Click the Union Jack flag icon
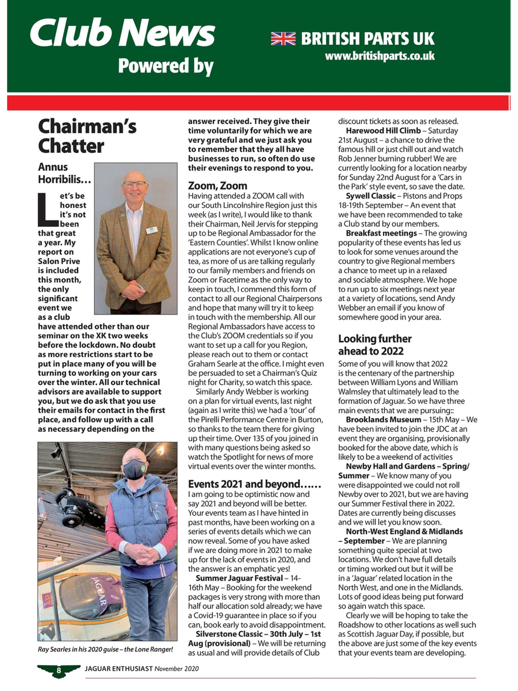(x=283, y=38)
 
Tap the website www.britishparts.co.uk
(x=380, y=56)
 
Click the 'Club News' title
(x=122, y=32)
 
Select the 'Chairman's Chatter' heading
(x=87, y=136)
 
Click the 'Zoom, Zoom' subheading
(x=218, y=185)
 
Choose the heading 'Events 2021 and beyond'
(x=254, y=484)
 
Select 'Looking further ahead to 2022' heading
(x=375, y=344)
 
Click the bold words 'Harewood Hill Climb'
(x=383, y=131)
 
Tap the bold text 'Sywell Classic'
(x=370, y=196)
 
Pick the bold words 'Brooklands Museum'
(x=383, y=420)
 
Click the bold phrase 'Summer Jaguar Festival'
(x=239, y=578)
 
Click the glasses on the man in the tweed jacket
(x=135, y=184)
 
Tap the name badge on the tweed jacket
(x=151, y=229)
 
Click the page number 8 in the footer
(x=59, y=670)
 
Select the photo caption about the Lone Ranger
(x=105, y=649)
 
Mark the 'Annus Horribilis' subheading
(x=64, y=173)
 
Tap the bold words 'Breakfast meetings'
(x=381, y=233)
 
